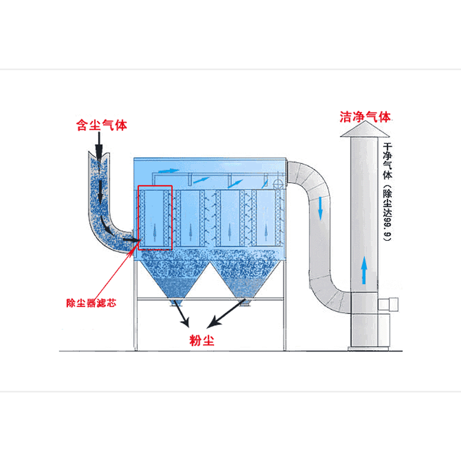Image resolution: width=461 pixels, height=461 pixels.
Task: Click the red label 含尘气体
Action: coord(101,125)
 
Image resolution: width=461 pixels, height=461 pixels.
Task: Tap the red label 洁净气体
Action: coord(365,117)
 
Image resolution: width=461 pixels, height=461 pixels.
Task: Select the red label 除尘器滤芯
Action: coord(91,303)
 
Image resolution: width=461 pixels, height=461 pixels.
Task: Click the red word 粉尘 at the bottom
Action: coord(202,340)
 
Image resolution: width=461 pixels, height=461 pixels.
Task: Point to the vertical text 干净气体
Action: coord(387,161)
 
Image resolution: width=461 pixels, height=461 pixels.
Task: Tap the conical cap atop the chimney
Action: coord(365,129)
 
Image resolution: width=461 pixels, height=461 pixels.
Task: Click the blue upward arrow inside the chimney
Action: coord(364,270)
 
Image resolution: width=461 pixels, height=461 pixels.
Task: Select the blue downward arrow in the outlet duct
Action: coord(320,209)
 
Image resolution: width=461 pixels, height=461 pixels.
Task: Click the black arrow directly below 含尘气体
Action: coord(99,146)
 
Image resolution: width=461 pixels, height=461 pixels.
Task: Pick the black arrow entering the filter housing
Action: coord(131,240)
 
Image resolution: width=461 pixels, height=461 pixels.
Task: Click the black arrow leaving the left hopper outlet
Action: coord(182,313)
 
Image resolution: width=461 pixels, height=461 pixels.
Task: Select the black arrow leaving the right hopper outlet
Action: coord(226,313)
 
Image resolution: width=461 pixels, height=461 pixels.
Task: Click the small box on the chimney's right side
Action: coord(388,304)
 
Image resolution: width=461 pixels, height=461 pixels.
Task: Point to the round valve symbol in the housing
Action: coord(278,184)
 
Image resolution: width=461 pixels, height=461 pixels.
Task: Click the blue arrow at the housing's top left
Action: coord(168,171)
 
